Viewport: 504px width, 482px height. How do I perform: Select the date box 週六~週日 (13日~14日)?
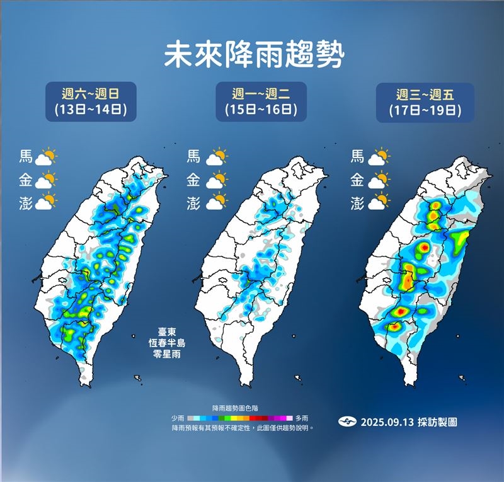(91, 102)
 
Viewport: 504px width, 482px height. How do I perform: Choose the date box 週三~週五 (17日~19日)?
(425, 102)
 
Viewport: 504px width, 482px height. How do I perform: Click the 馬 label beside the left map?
(26, 157)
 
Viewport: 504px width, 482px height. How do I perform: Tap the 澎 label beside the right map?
(357, 203)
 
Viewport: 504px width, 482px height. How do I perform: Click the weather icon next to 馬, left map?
(46, 157)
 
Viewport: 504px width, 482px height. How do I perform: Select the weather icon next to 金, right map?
(379, 180)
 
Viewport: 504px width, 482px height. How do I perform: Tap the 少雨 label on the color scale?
(178, 418)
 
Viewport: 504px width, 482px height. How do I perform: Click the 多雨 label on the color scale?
(301, 418)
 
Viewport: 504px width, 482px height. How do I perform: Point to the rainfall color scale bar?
(239, 418)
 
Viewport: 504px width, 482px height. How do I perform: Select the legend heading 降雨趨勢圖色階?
(240, 408)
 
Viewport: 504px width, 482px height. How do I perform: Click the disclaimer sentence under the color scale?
(243, 428)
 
